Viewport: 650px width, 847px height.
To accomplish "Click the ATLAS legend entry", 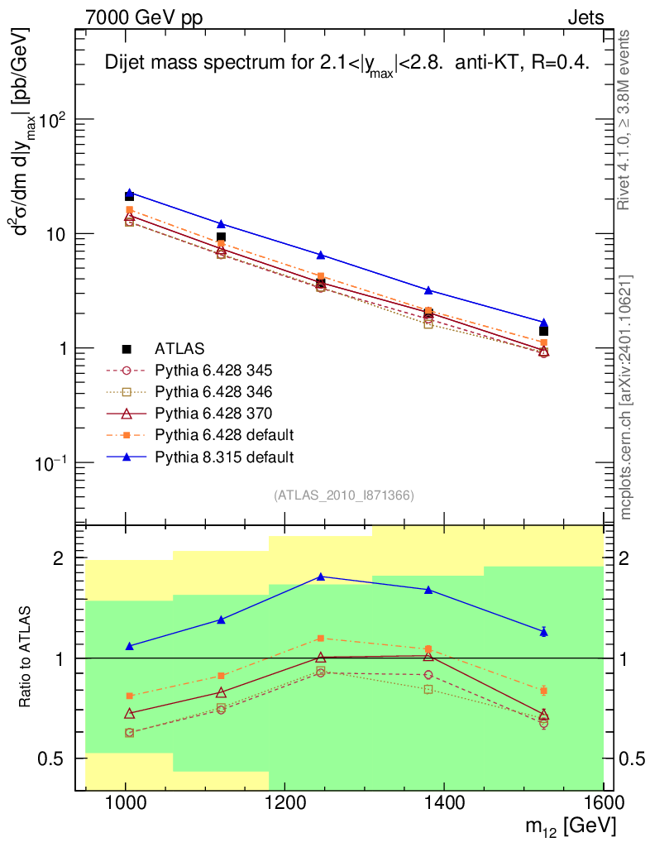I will point(179,349).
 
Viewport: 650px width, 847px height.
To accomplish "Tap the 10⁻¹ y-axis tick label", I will point(49,463).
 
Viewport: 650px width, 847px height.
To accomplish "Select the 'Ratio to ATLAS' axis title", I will point(26,658).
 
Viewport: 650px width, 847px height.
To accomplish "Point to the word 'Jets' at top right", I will point(585,17).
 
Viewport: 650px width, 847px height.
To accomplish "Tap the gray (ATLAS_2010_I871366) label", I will point(343,495).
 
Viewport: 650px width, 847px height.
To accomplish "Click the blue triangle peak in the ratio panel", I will point(320,577).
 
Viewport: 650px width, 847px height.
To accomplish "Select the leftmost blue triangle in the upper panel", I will point(129,193).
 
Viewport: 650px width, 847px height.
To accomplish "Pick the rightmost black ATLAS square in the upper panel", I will point(543,331).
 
